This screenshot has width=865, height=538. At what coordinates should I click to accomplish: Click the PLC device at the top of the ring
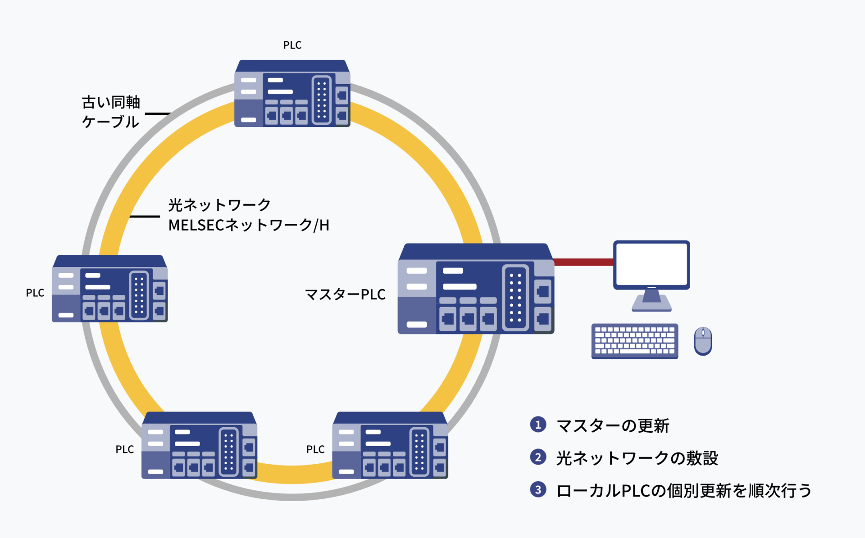point(292,94)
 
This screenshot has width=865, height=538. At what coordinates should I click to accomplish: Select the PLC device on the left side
point(110,289)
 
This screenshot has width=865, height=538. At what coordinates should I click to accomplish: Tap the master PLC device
point(476,289)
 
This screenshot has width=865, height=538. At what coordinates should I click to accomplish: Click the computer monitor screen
point(651,264)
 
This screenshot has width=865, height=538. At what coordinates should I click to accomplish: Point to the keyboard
point(634,341)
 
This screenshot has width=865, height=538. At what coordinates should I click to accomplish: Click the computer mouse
point(703,341)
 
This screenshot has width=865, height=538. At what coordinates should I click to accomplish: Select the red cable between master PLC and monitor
point(583,262)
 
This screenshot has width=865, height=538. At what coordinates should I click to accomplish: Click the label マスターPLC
point(345,294)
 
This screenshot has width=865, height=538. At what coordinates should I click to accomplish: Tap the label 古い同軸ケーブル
point(111,112)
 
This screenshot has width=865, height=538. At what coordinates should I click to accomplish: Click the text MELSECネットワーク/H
point(249,225)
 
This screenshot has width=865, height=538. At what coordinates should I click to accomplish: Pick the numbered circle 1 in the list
point(538,425)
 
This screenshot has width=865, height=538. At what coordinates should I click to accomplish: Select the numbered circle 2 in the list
point(538,457)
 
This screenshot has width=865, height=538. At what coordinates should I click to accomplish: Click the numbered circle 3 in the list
point(538,489)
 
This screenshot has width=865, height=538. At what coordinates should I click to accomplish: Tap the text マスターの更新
point(613,425)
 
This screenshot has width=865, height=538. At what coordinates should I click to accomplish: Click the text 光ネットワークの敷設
point(637,458)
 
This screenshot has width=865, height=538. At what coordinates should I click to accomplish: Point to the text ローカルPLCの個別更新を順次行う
point(684,490)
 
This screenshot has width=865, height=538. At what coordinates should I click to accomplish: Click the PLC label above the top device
point(292,45)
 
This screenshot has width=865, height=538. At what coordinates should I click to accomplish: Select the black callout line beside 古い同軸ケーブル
point(157,113)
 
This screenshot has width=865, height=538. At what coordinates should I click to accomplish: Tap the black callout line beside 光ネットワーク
point(145,217)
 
